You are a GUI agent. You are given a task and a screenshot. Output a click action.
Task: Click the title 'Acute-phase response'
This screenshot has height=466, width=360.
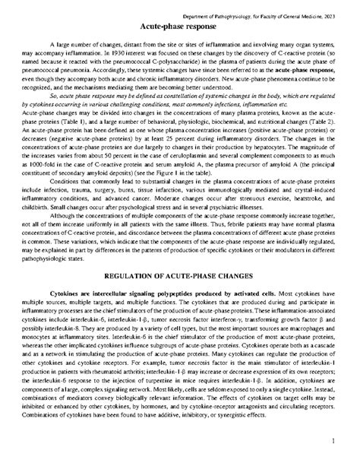tap(180, 26)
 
